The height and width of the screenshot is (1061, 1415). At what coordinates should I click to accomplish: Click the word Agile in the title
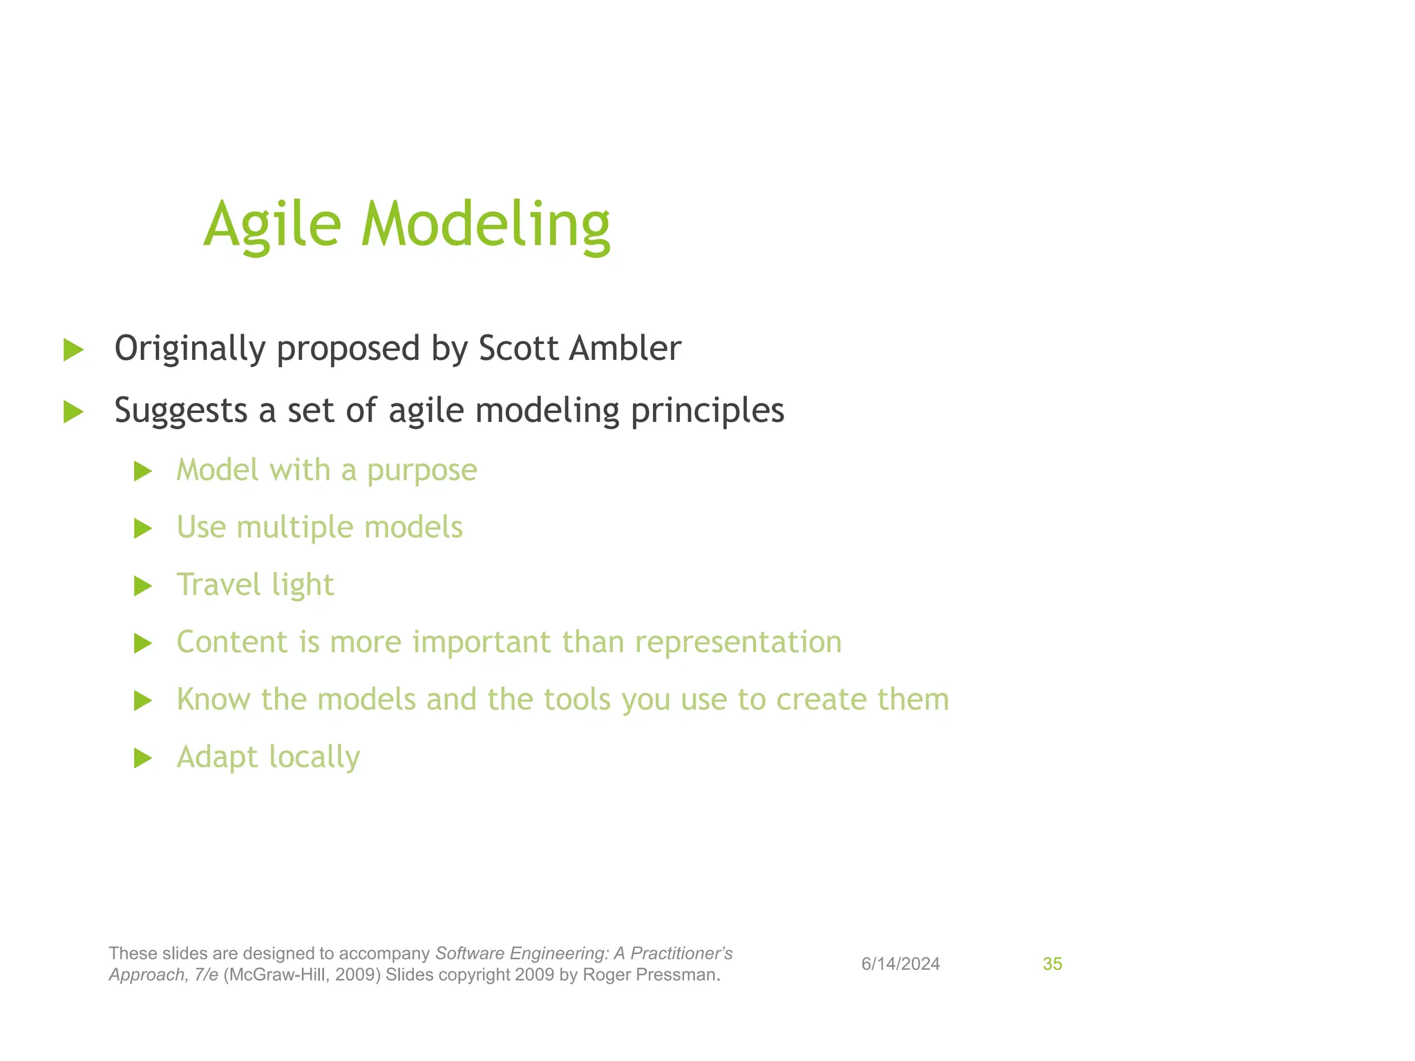[272, 225]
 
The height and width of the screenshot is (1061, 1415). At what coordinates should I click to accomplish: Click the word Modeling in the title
[485, 225]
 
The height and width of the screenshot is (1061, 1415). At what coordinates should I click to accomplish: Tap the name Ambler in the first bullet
[625, 348]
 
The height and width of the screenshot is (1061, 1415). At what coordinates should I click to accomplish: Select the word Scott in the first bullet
[518, 348]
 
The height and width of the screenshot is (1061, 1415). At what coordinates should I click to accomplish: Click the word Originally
[189, 350]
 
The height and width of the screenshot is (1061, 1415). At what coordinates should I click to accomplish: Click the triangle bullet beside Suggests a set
[73, 412]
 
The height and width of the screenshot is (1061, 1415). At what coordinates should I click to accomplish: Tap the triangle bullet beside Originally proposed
[73, 350]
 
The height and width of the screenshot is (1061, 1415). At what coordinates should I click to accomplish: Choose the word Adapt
[217, 758]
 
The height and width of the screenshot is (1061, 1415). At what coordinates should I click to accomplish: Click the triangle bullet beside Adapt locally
[143, 758]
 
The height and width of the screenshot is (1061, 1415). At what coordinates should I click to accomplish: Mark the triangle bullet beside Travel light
[143, 586]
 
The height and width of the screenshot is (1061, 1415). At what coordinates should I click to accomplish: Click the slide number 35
[1052, 964]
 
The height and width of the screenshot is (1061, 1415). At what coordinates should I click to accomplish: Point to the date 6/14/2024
[900, 964]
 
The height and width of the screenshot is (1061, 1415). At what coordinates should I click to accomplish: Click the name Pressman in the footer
[683, 975]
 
